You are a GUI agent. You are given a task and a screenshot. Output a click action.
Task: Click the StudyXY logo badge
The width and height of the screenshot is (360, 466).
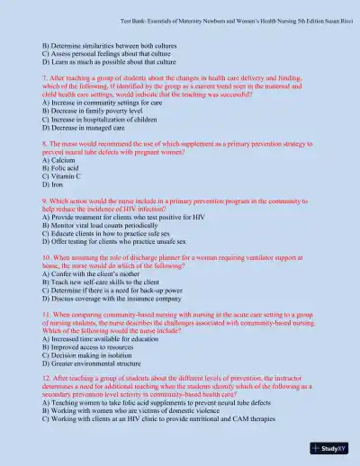pos(329,445)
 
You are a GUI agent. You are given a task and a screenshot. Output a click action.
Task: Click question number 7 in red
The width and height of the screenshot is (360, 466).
pos(45,78)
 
